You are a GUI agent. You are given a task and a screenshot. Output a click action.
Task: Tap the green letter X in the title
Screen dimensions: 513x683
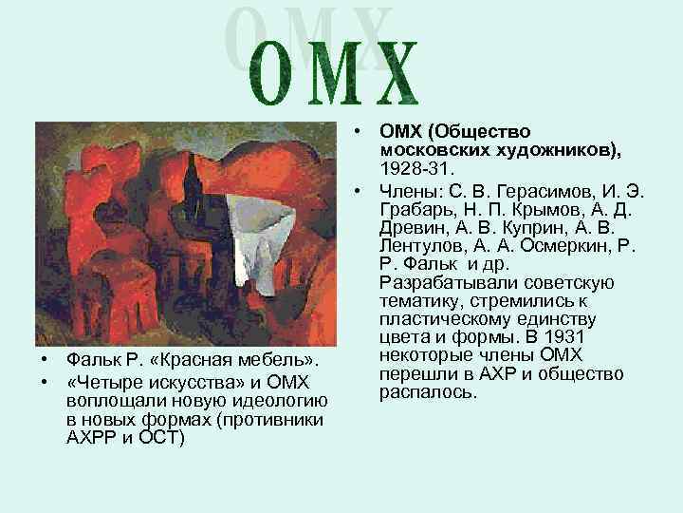click(392, 74)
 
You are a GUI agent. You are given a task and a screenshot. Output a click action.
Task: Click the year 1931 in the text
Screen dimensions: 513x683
click(573, 337)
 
